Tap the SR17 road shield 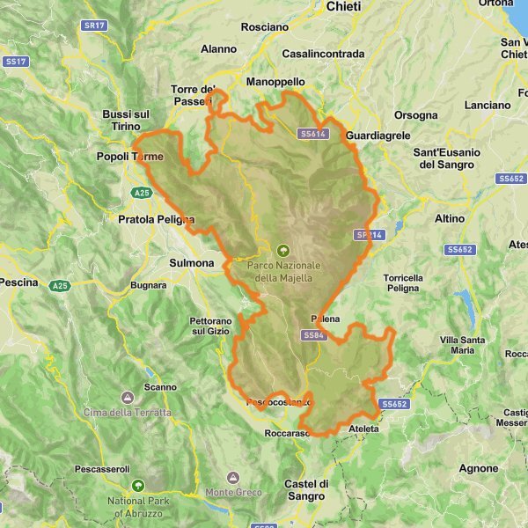tap(94, 26)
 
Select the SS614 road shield tap(312, 135)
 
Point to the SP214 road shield tap(370, 235)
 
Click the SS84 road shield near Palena tap(313, 335)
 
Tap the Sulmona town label tap(191, 262)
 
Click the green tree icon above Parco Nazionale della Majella tap(282, 250)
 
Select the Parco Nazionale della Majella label tap(284, 271)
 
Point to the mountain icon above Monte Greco tap(233, 477)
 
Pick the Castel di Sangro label tap(306, 490)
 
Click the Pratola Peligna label tap(157, 220)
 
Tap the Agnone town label tap(480, 468)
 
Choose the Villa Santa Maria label tap(462, 344)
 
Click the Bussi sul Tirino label tap(127, 121)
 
